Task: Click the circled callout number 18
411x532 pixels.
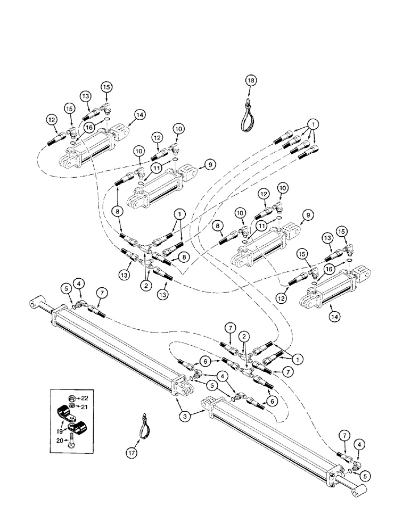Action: [x=251, y=80]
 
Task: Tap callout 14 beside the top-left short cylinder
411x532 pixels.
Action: [x=140, y=114]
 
